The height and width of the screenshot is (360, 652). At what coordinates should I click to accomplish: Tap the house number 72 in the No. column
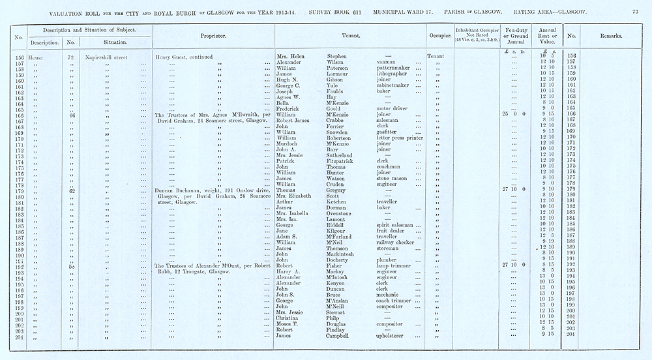pos(70,57)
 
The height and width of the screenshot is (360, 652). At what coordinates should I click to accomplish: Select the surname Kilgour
pos(338,231)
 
